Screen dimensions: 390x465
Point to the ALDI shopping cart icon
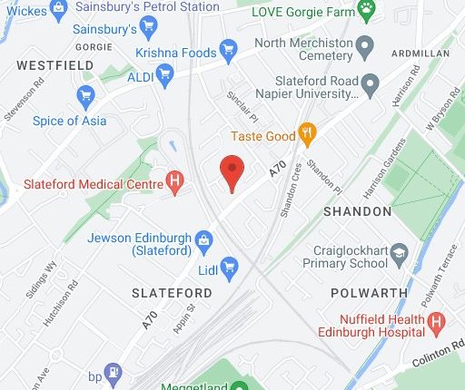click(164, 77)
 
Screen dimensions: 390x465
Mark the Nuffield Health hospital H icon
click(437, 320)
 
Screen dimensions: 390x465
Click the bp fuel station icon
click(113, 371)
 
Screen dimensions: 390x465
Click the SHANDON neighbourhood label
click(358, 211)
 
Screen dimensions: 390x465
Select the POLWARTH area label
click(364, 293)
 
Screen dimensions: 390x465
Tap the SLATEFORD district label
click(172, 293)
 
